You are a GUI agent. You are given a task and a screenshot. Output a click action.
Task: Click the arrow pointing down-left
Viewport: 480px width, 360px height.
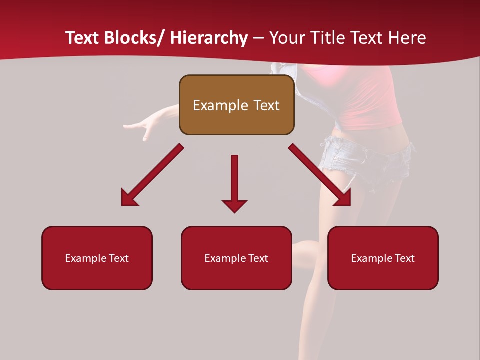click(153, 175)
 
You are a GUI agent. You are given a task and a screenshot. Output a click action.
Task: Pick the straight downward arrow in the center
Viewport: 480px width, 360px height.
click(234, 183)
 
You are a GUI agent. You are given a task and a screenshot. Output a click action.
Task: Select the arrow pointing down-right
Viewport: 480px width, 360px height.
click(319, 175)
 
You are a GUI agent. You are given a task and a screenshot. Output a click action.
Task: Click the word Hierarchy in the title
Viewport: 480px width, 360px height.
click(209, 38)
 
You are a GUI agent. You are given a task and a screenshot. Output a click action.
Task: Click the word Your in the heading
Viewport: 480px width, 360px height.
click(286, 38)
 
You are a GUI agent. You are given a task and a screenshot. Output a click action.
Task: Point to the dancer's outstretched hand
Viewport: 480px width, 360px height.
click(137, 126)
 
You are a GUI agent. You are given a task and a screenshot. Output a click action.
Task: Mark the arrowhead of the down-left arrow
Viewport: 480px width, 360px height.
click(128, 199)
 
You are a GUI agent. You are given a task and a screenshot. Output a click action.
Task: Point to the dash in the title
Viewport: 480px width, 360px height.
click(258, 38)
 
